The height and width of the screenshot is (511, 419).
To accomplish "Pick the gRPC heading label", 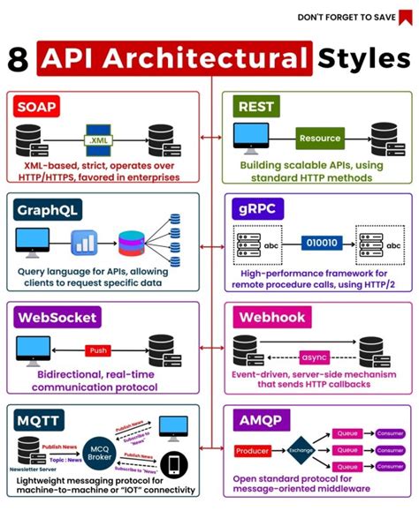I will coord(254,210).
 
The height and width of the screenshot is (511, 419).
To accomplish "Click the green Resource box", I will coord(319,139).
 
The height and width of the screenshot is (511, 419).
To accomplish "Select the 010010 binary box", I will coord(319,241).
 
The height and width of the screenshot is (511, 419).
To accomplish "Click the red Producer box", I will coord(254,451).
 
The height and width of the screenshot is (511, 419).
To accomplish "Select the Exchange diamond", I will coord(301,451).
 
